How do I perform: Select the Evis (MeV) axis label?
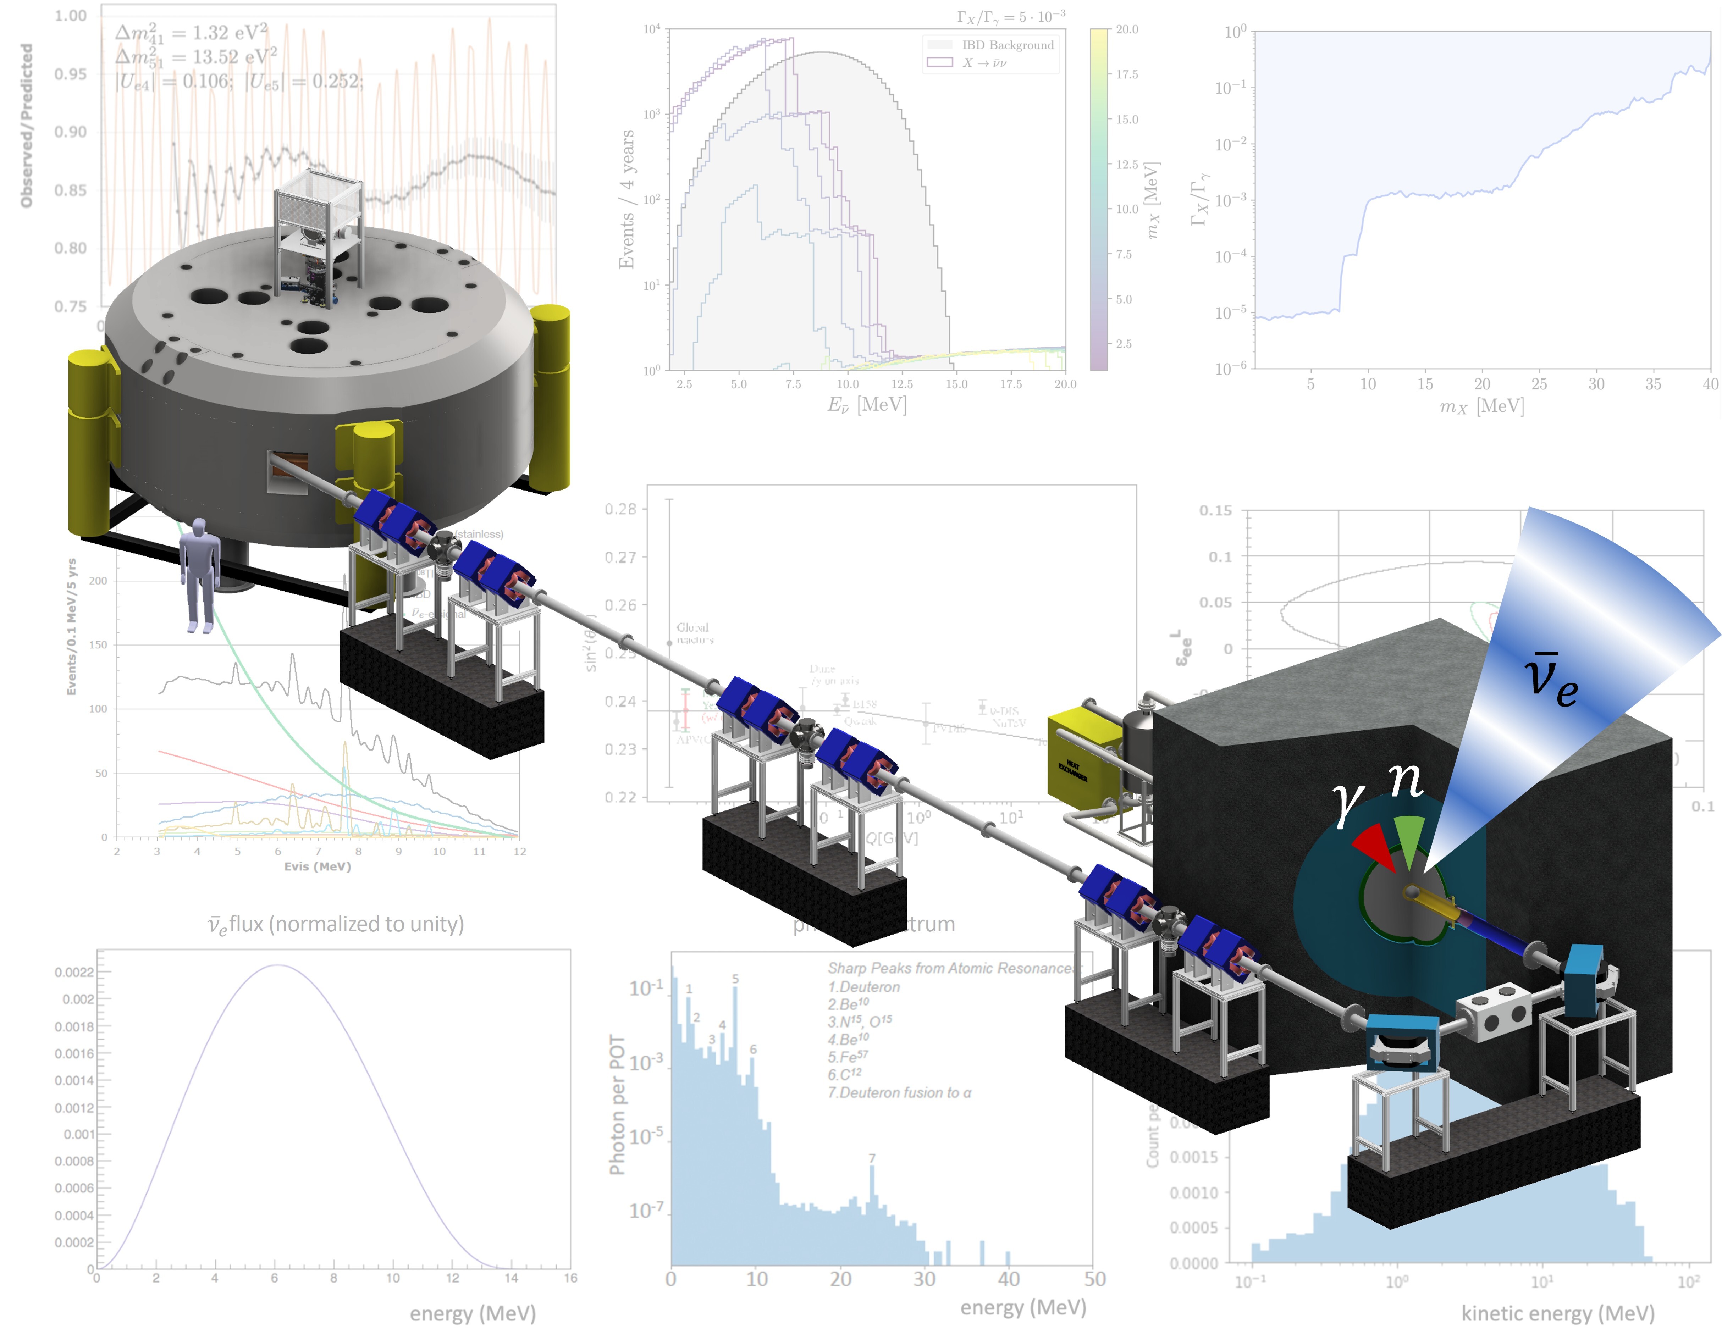317,866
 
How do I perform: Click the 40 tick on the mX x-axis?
1709,384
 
